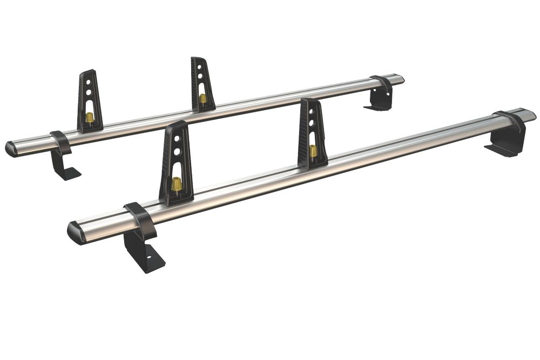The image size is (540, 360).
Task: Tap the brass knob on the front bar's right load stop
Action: (313, 151)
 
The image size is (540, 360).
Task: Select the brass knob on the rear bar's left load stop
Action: (90, 117)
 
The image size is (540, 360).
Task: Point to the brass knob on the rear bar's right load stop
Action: (202, 98)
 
